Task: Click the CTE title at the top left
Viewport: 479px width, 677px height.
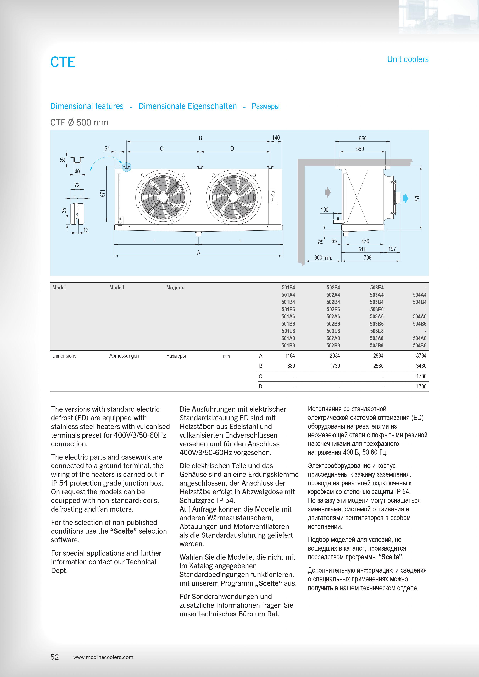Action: pyautogui.click(x=63, y=62)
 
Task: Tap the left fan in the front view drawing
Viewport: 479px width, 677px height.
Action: pyautogui.click(x=163, y=197)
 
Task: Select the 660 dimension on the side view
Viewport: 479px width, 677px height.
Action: pyautogui.click(x=363, y=138)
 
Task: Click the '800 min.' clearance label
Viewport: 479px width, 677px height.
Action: pyautogui.click(x=323, y=257)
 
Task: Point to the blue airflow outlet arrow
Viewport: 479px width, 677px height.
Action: pyautogui.click(x=406, y=198)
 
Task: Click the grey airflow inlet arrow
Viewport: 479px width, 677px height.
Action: pyautogui.click(x=328, y=192)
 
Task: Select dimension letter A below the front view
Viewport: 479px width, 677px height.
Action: pyautogui.click(x=198, y=252)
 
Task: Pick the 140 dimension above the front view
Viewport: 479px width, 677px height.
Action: pyautogui.click(x=276, y=138)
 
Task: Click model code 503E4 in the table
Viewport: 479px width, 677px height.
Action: pyautogui.click(x=377, y=288)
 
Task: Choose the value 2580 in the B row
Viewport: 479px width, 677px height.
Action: pyautogui.click(x=378, y=366)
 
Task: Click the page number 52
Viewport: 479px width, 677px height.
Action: pyautogui.click(x=55, y=657)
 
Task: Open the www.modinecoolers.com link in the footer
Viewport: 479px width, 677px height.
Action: pyautogui.click(x=103, y=657)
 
